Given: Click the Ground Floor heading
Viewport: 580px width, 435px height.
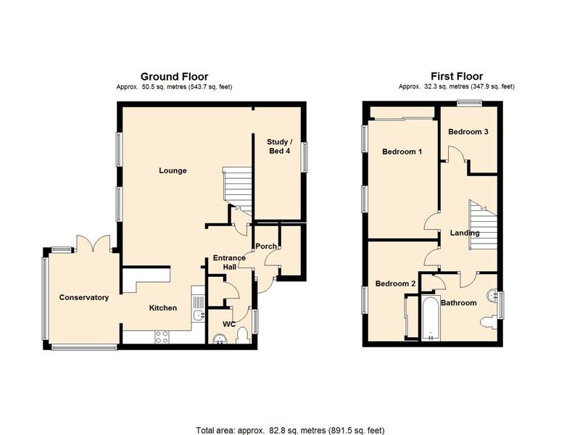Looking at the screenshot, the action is pos(174,77).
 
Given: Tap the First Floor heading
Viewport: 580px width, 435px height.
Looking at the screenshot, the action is pos(457,76).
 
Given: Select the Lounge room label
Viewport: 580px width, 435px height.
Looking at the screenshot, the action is pos(173,170).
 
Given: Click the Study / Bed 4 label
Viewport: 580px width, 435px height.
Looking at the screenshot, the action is pos(280,146).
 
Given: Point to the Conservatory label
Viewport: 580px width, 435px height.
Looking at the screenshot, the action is pos(84,297).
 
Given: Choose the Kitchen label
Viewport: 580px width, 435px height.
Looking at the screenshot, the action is pos(162,307).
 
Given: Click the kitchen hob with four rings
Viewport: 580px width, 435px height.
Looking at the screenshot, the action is pos(162,336).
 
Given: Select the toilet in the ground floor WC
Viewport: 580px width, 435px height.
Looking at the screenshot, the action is pos(242,335).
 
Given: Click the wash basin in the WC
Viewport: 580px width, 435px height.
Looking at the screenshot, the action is pos(221,339).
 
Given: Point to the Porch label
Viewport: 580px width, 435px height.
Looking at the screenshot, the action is pos(266,246).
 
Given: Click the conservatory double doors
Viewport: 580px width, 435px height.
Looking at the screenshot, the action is pos(94,244).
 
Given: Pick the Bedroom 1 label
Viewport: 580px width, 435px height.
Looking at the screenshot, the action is pos(402,152).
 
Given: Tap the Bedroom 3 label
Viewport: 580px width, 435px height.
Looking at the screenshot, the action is pos(468,132).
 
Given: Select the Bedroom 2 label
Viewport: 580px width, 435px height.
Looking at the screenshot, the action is pos(395,283).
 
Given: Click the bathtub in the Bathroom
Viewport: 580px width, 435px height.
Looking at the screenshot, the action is pos(431,317).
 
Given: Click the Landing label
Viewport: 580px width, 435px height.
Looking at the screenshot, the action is pos(465,233).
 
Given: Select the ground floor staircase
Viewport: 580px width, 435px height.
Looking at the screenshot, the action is pos(237,191).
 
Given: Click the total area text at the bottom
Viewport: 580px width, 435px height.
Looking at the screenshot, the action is pos(290,430).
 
